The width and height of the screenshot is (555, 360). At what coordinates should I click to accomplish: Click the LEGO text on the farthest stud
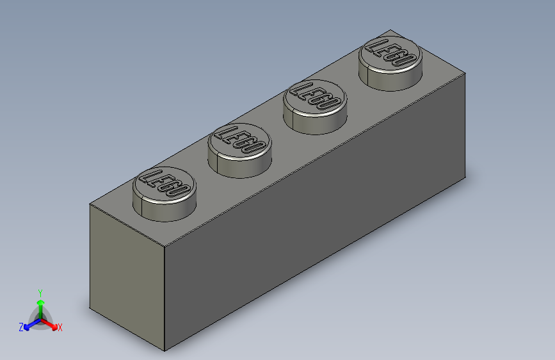[391, 53]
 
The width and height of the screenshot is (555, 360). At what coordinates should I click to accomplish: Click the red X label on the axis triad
[60, 327]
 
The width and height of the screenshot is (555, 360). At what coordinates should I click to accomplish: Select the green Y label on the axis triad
[40, 292]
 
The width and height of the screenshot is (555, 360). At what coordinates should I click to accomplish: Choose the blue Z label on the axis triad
[21, 327]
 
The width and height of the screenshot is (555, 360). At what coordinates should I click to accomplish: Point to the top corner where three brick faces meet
[165, 246]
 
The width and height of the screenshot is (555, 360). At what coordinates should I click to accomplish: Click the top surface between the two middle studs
[277, 138]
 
